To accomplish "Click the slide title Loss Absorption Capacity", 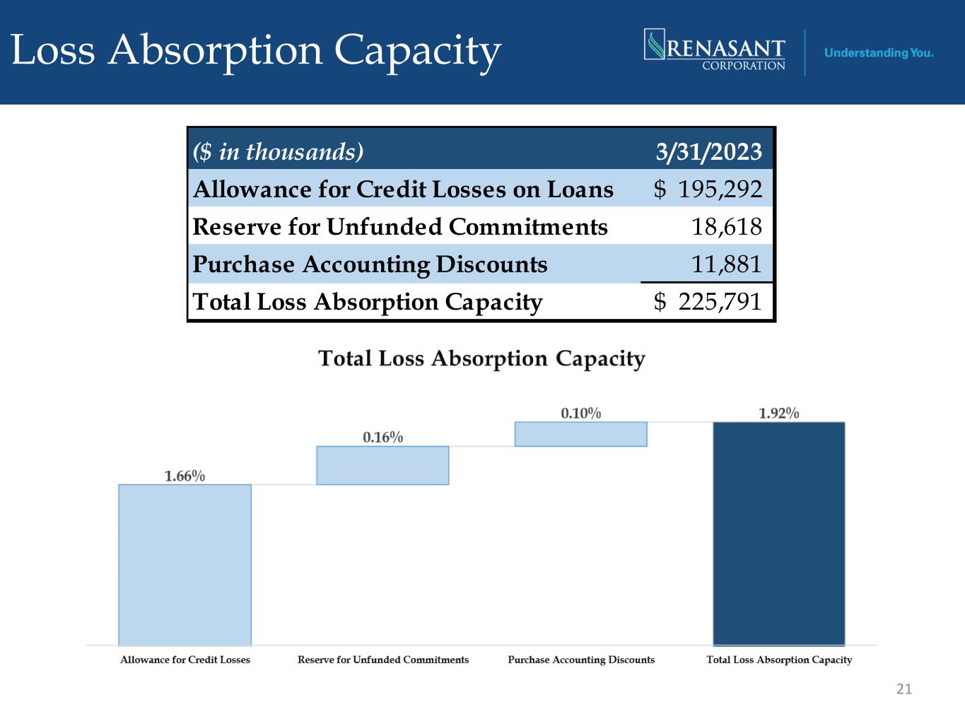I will tap(256, 51).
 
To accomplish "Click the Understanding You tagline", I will tap(879, 53).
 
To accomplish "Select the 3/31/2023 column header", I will tap(709, 151).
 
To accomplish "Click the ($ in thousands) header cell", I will tap(278, 151).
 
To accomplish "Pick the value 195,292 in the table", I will tap(720, 189).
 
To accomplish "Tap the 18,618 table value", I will tap(726, 227).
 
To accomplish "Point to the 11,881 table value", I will tap(726, 264).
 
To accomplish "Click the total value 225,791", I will tap(720, 302).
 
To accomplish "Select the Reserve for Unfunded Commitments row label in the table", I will tap(400, 227).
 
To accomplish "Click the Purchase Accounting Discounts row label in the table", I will tap(370, 264).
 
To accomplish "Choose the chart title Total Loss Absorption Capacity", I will tap(481, 358).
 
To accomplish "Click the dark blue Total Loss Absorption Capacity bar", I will tap(778, 533).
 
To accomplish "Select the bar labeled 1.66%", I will tap(185, 564).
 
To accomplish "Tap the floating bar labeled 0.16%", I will tap(382, 465).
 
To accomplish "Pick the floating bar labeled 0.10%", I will tap(580, 434).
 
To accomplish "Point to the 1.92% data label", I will tap(778, 413).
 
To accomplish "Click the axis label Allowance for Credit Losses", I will tap(185, 660).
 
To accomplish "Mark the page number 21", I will tap(903, 689).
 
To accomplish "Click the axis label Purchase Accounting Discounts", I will tap(581, 660).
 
